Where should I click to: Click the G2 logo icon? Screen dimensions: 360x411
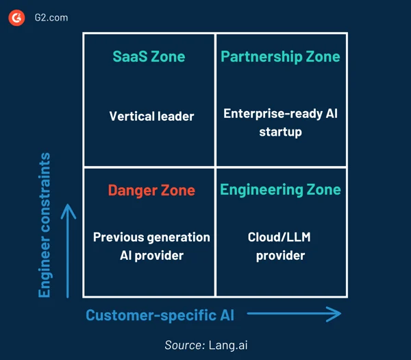[16, 17]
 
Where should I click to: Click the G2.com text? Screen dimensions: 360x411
[51, 17]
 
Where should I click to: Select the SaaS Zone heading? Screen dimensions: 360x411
[149, 56]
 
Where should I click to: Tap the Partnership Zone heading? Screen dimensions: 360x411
[280, 56]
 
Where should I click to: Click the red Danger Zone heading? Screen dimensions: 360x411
[151, 190]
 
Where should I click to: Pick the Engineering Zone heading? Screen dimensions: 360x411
[280, 190]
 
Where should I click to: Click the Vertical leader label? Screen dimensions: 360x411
[151, 116]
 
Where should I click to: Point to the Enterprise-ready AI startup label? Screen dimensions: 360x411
[280, 123]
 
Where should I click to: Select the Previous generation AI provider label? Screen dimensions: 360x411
[151, 246]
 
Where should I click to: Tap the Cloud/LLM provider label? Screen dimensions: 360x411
[280, 246]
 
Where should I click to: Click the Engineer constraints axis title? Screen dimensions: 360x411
[45, 225]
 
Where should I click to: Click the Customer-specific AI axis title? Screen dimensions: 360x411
[160, 315]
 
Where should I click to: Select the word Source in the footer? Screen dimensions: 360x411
[183, 345]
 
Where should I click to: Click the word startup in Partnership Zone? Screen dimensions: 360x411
[280, 132]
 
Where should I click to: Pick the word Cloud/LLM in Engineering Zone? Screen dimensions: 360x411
[280, 237]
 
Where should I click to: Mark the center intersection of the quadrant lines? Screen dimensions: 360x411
[215, 167]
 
